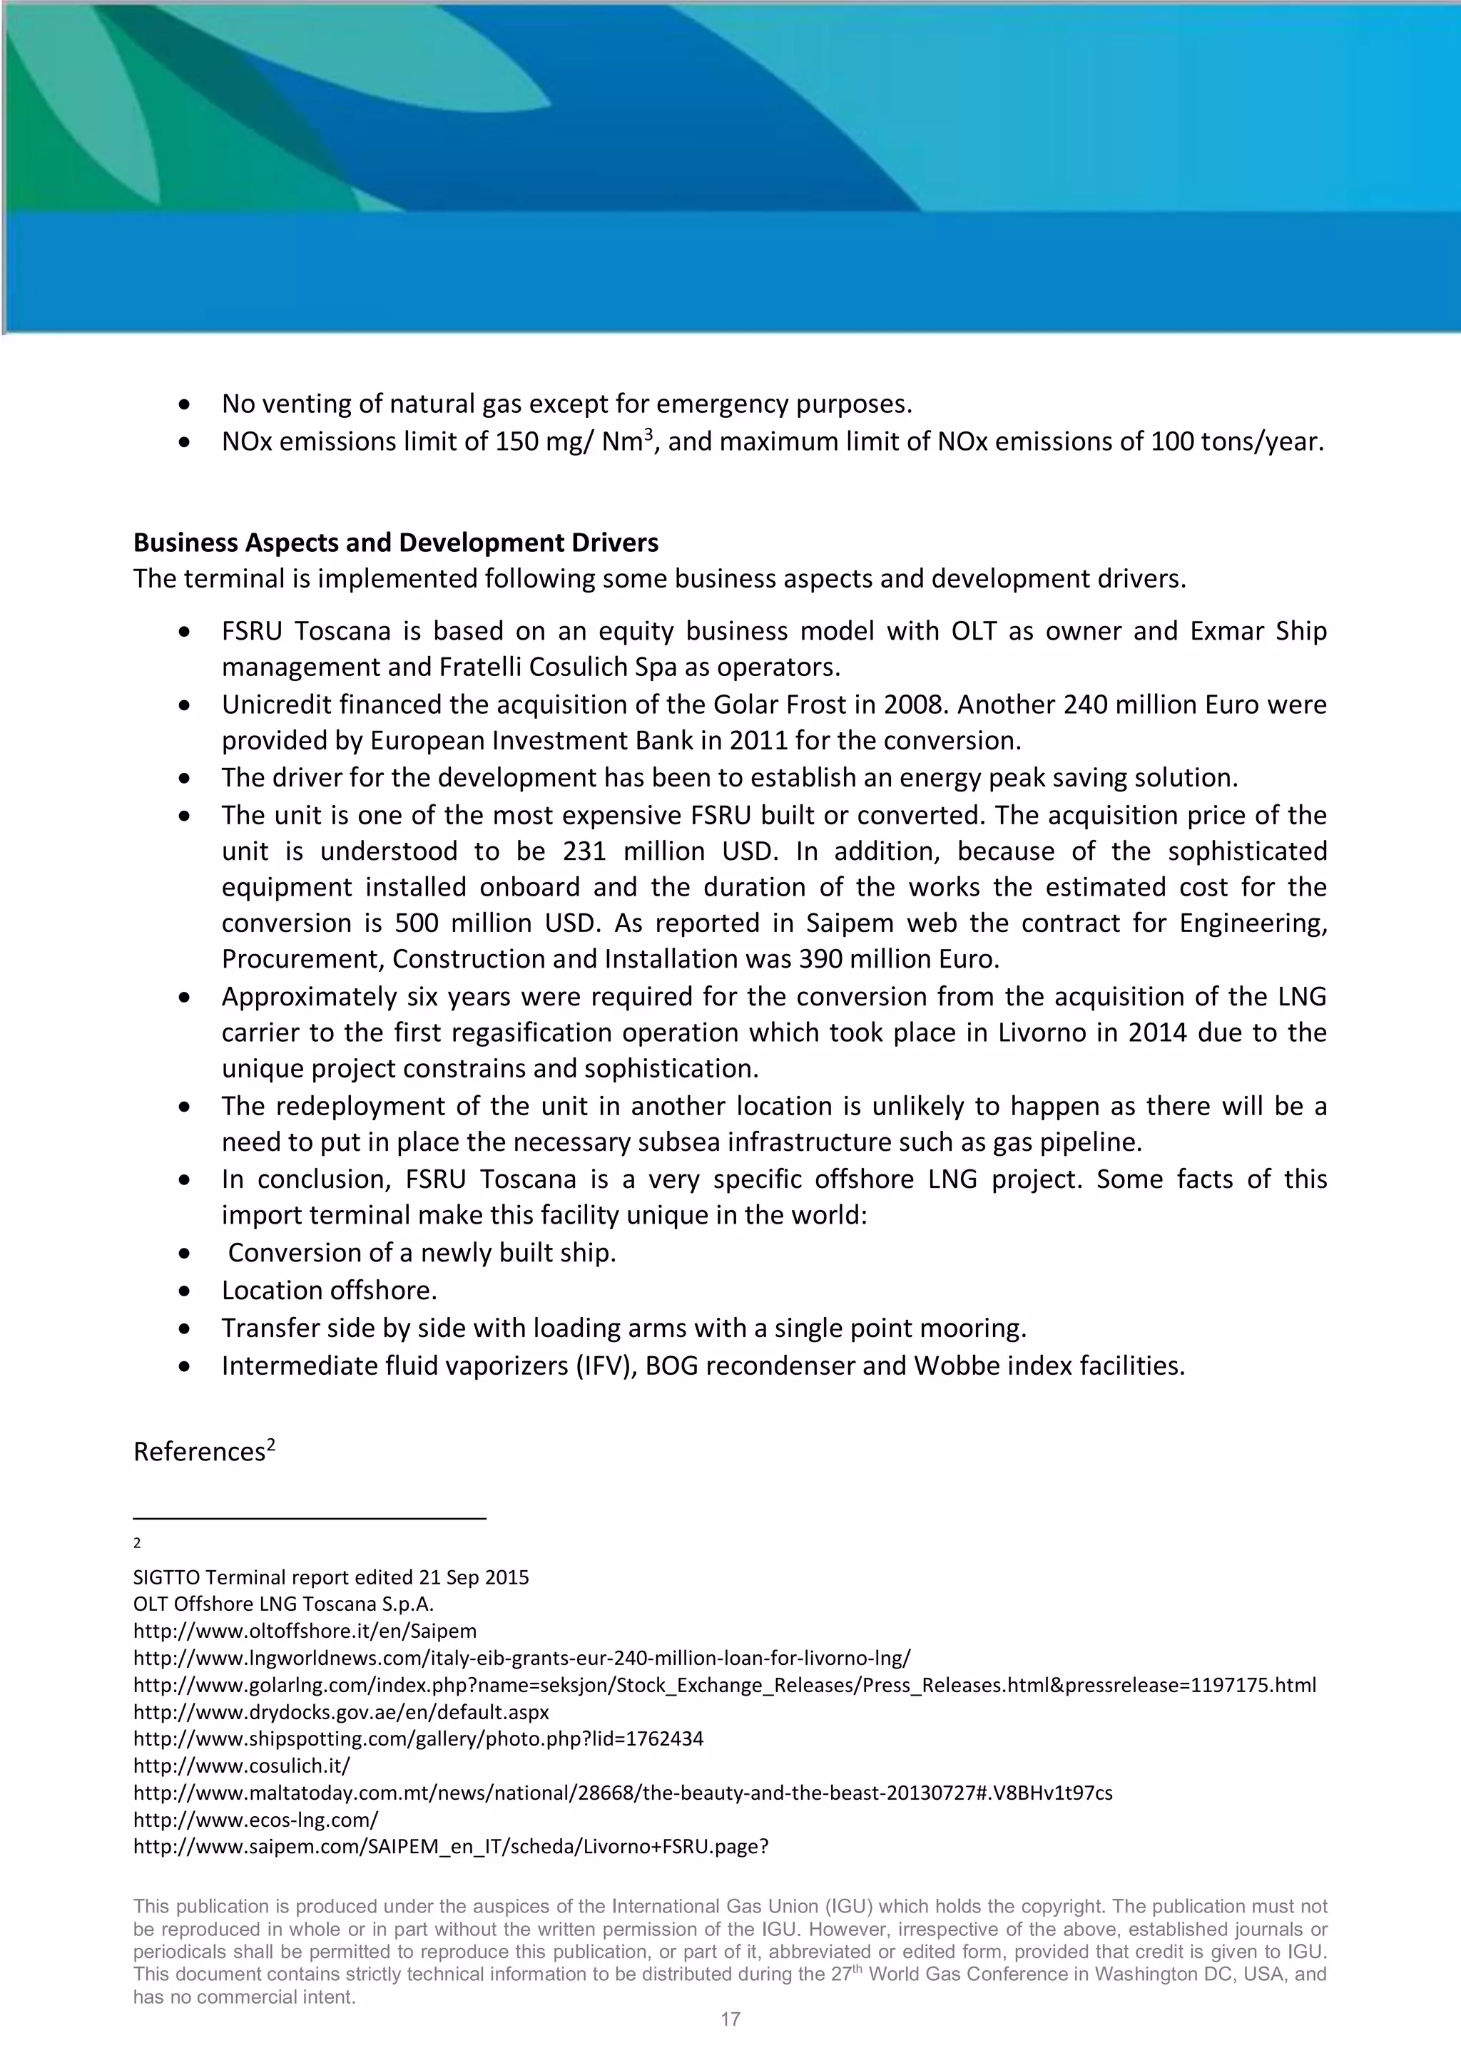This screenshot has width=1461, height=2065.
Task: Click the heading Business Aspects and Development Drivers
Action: (396, 543)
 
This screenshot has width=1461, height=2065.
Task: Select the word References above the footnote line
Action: (199, 1452)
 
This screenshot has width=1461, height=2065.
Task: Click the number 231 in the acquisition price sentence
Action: (586, 851)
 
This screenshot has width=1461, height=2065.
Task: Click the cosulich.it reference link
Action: (241, 1765)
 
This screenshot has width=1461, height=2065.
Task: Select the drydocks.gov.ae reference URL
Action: (341, 1711)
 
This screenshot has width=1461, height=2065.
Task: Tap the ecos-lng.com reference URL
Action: (255, 1820)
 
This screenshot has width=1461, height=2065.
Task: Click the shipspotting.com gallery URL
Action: (418, 1738)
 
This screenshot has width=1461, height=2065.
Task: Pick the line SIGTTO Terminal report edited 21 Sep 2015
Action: (331, 1577)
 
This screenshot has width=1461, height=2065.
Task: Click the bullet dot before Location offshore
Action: (185, 1291)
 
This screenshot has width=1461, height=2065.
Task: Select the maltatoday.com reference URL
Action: (623, 1793)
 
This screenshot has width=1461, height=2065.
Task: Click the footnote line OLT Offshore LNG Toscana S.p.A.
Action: (283, 1604)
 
